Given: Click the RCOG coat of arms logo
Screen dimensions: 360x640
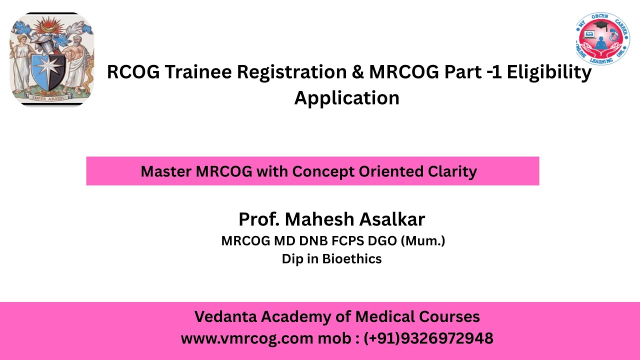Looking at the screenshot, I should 52,59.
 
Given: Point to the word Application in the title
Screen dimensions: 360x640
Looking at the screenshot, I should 346,97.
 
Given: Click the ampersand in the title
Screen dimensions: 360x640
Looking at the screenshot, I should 357,72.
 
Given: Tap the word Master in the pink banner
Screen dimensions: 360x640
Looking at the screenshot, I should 166,171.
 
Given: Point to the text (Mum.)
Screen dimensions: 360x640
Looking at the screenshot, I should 423,241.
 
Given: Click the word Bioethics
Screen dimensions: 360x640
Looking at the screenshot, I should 351,259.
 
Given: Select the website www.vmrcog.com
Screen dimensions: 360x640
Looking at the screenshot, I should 246,338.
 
